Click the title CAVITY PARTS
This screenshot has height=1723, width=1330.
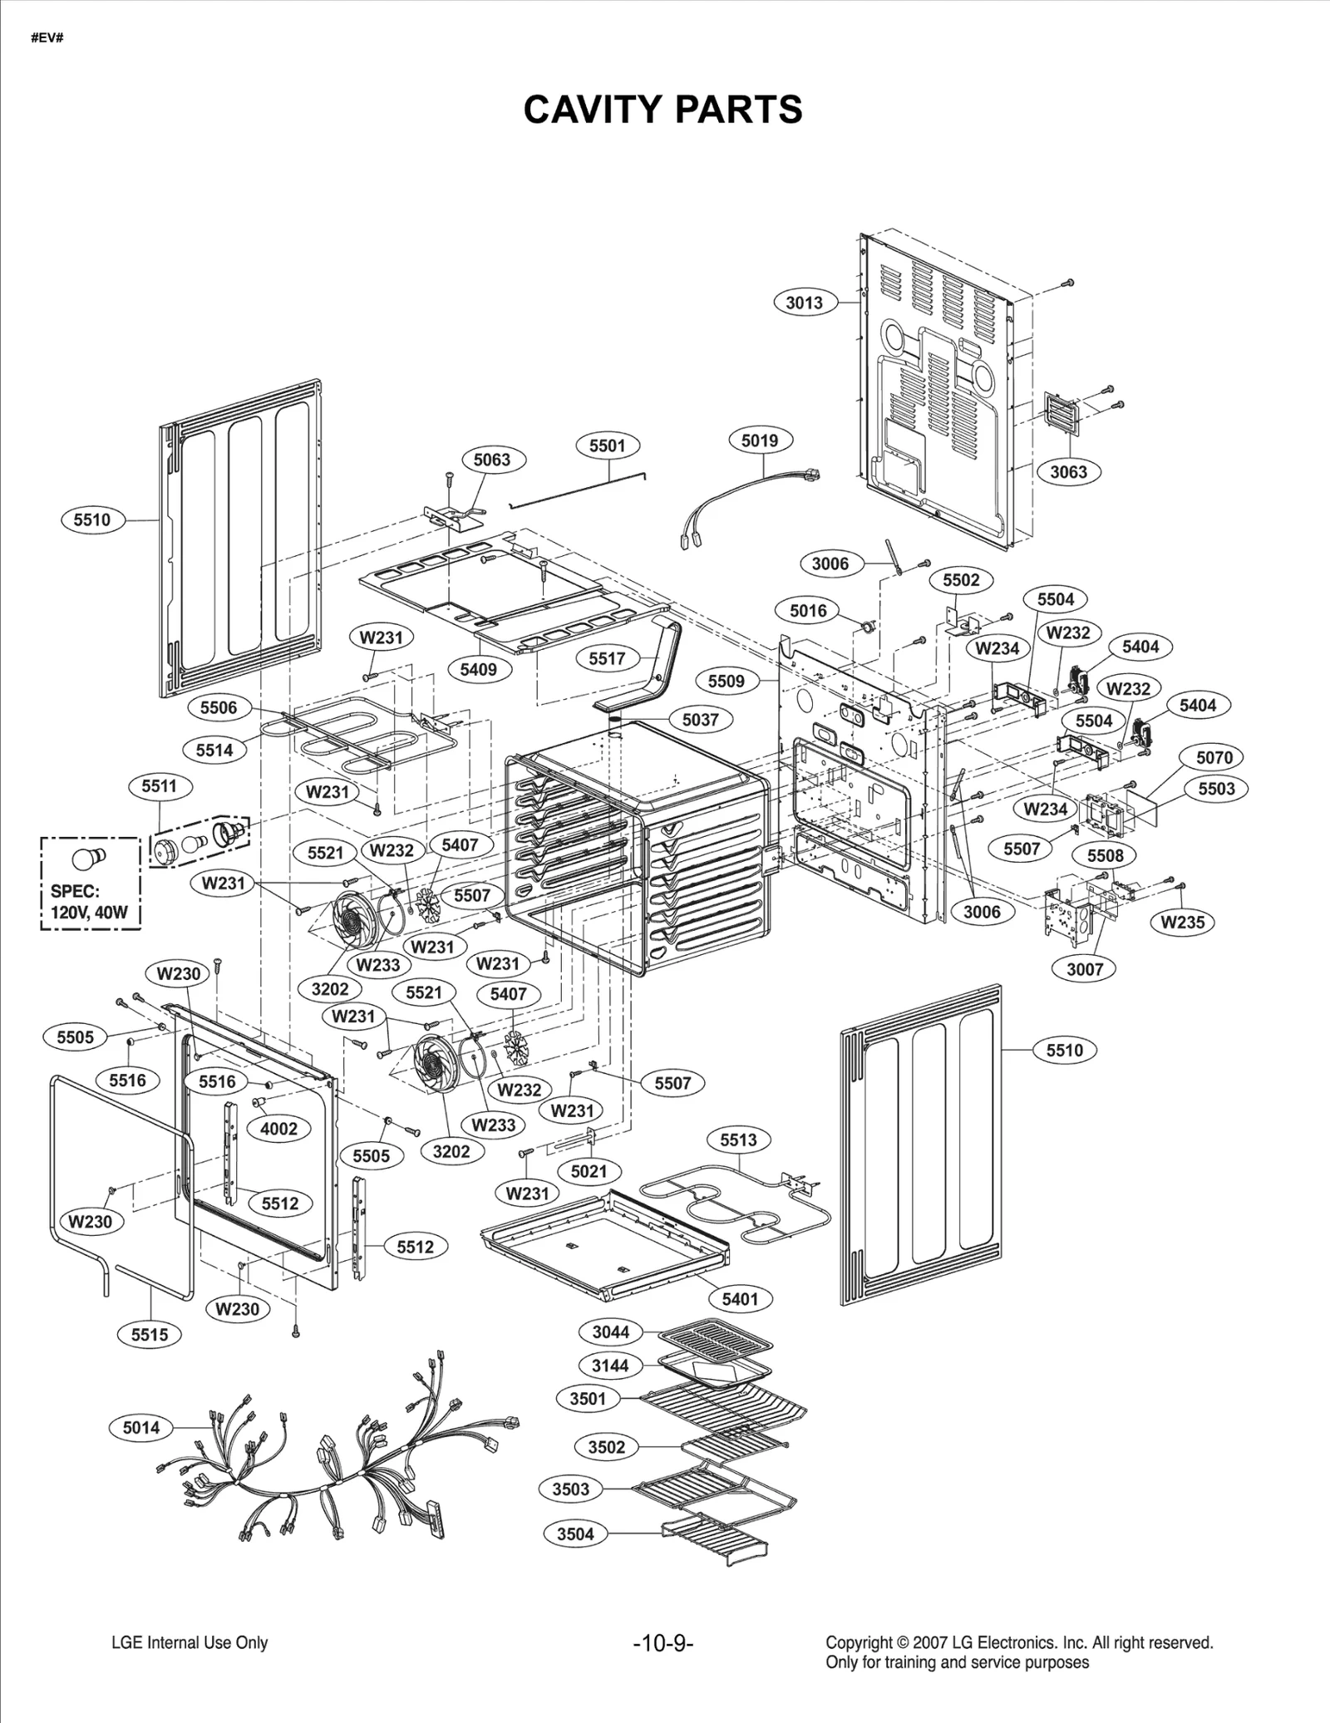tap(663, 110)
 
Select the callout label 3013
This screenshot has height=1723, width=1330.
tap(804, 303)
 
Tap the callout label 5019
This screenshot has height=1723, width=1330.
tap(760, 441)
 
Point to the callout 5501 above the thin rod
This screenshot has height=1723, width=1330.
tap(607, 446)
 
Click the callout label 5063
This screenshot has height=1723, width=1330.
tap(491, 460)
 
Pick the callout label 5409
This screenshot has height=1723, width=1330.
tap(478, 669)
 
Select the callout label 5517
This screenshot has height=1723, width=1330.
tap(607, 658)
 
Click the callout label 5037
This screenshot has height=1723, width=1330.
tap(700, 719)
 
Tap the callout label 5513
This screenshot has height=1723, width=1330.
tap(738, 1140)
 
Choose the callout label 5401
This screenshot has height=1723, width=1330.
tap(740, 1299)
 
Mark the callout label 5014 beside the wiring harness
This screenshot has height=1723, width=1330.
tap(141, 1427)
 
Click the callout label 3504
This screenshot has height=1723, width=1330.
tap(575, 1533)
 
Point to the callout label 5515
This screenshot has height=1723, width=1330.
tap(150, 1335)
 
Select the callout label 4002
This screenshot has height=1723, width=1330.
tap(278, 1129)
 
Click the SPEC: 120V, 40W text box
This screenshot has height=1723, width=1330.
tap(90, 884)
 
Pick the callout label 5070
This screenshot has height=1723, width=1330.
tap(1214, 757)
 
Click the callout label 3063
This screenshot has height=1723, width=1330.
tap(1068, 471)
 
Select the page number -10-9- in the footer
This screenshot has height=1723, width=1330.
tap(663, 1643)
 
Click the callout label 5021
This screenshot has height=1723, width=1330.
tap(589, 1171)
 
